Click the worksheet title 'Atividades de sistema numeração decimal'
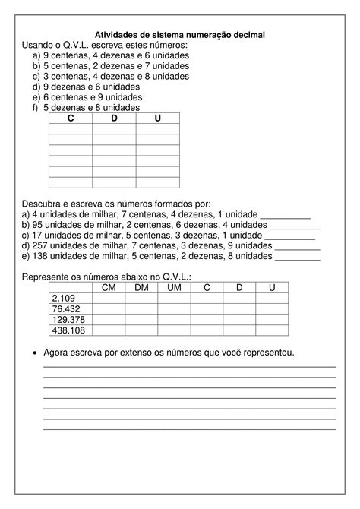point(180,35)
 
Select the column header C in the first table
point(71,119)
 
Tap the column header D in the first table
point(114,119)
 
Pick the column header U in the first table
point(157,119)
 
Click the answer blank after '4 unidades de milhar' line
point(285,215)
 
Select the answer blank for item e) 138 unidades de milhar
point(295,257)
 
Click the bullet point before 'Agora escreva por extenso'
point(34,354)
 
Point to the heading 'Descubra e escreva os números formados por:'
point(116,204)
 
